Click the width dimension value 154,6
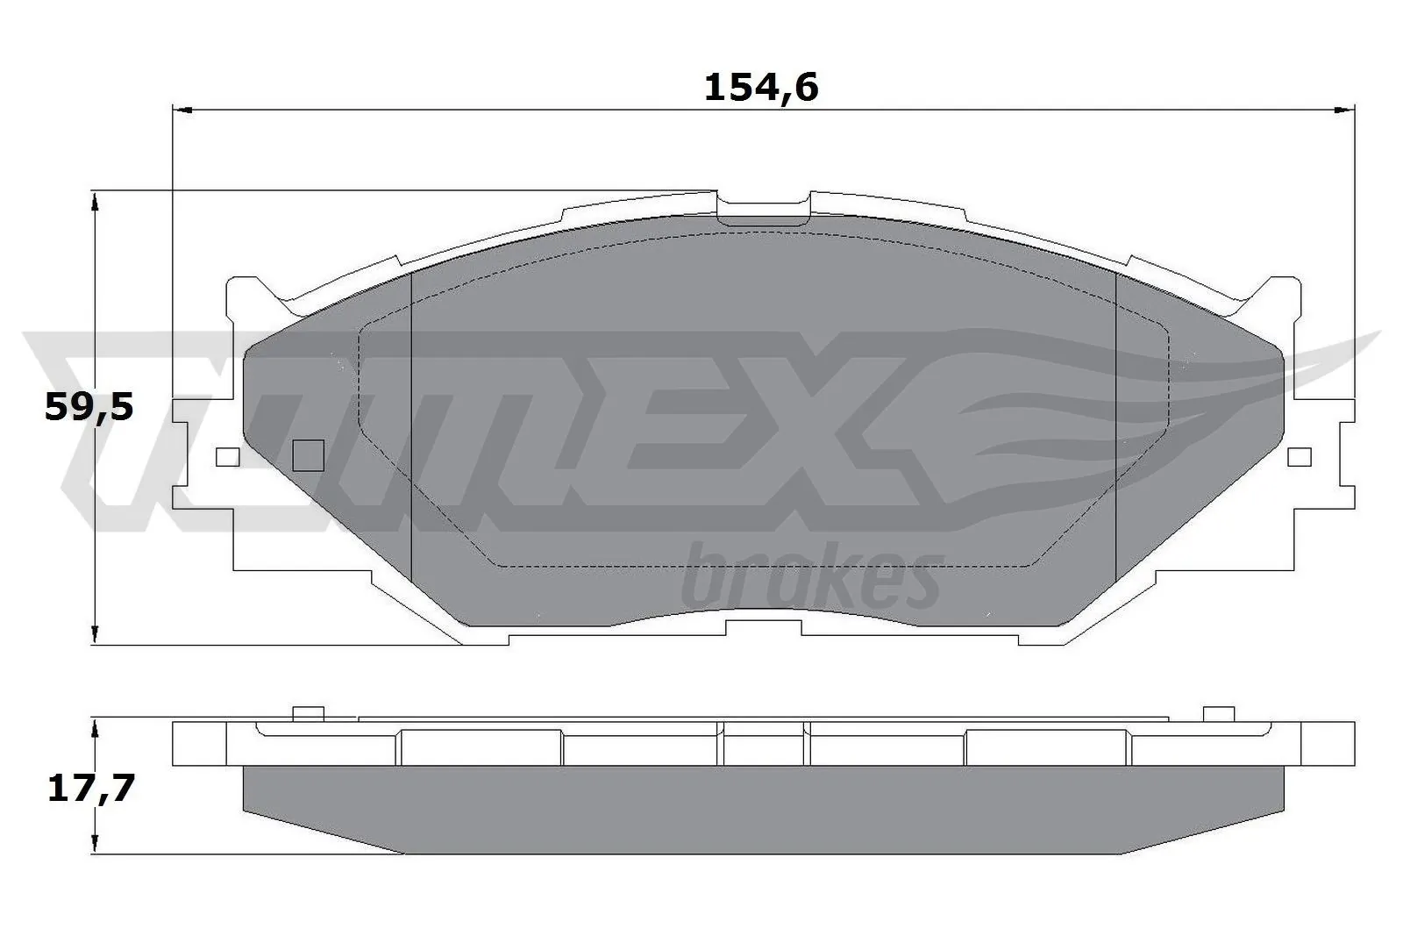coord(760,88)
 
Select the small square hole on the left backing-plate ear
coord(227,457)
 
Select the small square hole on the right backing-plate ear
coord(1299,457)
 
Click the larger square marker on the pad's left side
coord(307,455)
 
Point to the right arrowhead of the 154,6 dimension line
coord(1345,111)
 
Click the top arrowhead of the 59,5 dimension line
coord(94,202)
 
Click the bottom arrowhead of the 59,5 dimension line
coord(94,635)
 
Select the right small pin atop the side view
coord(1218,714)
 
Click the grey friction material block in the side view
coord(763,807)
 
